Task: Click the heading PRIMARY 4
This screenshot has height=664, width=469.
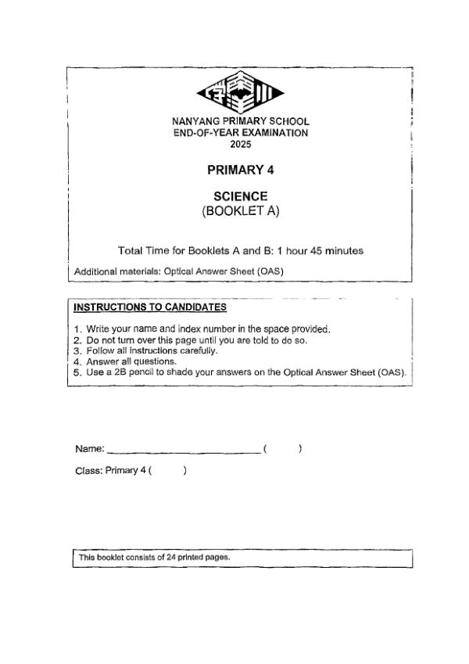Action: tap(241, 169)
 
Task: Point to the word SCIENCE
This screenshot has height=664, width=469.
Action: tap(241, 196)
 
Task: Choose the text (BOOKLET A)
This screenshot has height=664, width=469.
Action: tap(241, 210)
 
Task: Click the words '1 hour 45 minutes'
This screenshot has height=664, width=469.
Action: tap(320, 251)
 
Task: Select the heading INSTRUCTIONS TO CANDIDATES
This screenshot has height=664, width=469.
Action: tap(150, 307)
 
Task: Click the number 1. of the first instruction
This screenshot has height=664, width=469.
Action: tap(77, 328)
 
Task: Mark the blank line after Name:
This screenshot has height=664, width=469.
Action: tap(184, 450)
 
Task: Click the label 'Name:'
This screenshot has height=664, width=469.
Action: tap(89, 449)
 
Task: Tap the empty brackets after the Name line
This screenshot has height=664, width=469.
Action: tap(283, 449)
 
